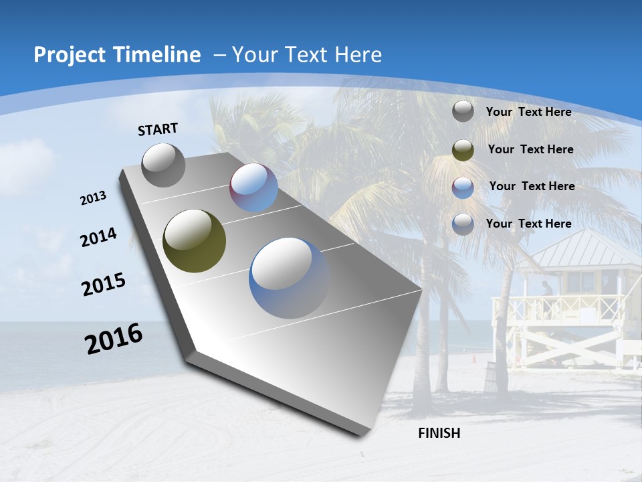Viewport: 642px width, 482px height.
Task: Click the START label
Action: (158, 129)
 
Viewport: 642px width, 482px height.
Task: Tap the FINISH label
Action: (439, 433)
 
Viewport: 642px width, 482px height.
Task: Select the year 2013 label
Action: (93, 198)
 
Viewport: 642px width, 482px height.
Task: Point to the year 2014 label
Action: (98, 238)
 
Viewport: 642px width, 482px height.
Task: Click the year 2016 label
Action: (114, 339)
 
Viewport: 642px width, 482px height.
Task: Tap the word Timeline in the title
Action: (158, 55)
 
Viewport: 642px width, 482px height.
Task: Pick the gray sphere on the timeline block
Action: (163, 165)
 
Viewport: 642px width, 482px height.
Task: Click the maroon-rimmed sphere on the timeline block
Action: (253, 187)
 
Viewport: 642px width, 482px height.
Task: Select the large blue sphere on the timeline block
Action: (289, 277)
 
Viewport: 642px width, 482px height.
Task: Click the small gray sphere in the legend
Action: (463, 111)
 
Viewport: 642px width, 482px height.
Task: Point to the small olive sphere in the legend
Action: (463, 149)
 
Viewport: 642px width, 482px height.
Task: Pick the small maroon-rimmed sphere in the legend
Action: (463, 187)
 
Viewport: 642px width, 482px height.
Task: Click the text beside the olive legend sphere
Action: (530, 149)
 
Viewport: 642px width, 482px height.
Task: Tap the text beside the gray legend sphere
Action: (528, 112)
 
